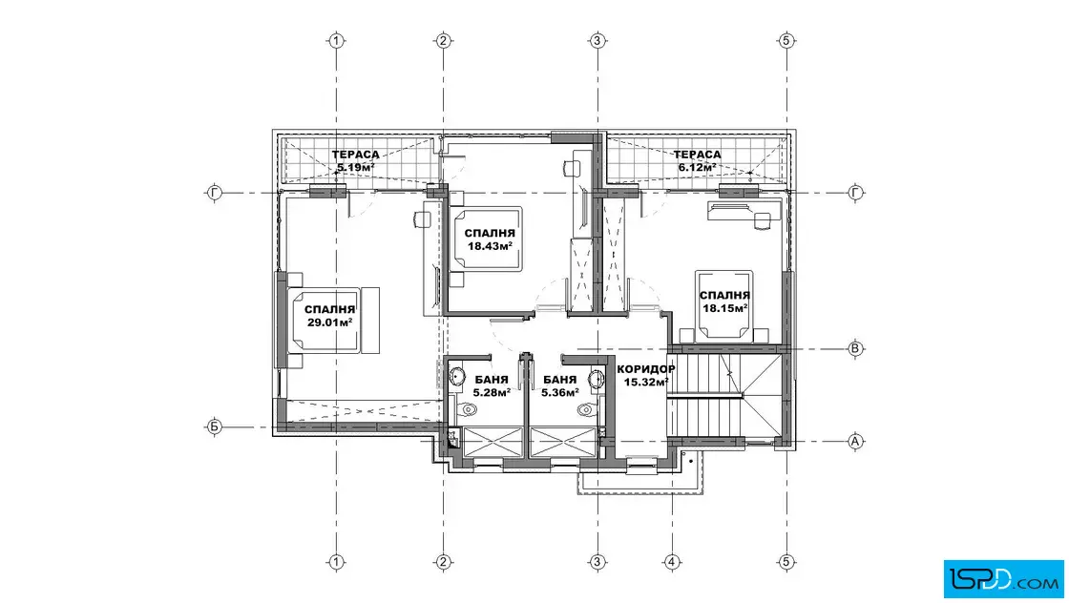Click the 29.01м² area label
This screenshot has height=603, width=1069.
pyautogui.click(x=329, y=322)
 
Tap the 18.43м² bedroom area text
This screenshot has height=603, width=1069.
pyautogui.click(x=490, y=246)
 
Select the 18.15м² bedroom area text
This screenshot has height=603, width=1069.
pyautogui.click(x=724, y=308)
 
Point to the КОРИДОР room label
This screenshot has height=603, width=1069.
pyautogui.click(x=645, y=369)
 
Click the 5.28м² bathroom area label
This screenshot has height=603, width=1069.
pyautogui.click(x=492, y=392)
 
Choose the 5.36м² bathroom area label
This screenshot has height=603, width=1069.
pyautogui.click(x=559, y=392)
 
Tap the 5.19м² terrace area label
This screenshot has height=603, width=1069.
pyautogui.click(x=355, y=167)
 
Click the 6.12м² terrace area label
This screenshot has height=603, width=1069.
pyautogui.click(x=697, y=167)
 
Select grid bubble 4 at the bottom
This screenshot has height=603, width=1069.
pyautogui.click(x=672, y=562)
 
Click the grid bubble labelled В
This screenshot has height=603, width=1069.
pyautogui.click(x=855, y=349)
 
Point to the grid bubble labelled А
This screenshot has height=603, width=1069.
pyautogui.click(x=855, y=442)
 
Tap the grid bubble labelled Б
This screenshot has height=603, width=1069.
pyautogui.click(x=214, y=427)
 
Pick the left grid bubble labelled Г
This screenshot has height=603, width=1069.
pyautogui.click(x=214, y=193)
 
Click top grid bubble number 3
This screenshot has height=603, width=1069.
pyautogui.click(x=597, y=41)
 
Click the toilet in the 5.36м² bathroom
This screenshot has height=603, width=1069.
pyautogui.click(x=586, y=409)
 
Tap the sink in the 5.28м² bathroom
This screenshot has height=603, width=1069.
pyautogui.click(x=456, y=377)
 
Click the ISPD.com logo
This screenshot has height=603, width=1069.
pyautogui.click(x=1003, y=579)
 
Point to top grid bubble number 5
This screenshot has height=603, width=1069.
pyautogui.click(x=786, y=41)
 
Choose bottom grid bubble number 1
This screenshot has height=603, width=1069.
pyautogui.click(x=336, y=562)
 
